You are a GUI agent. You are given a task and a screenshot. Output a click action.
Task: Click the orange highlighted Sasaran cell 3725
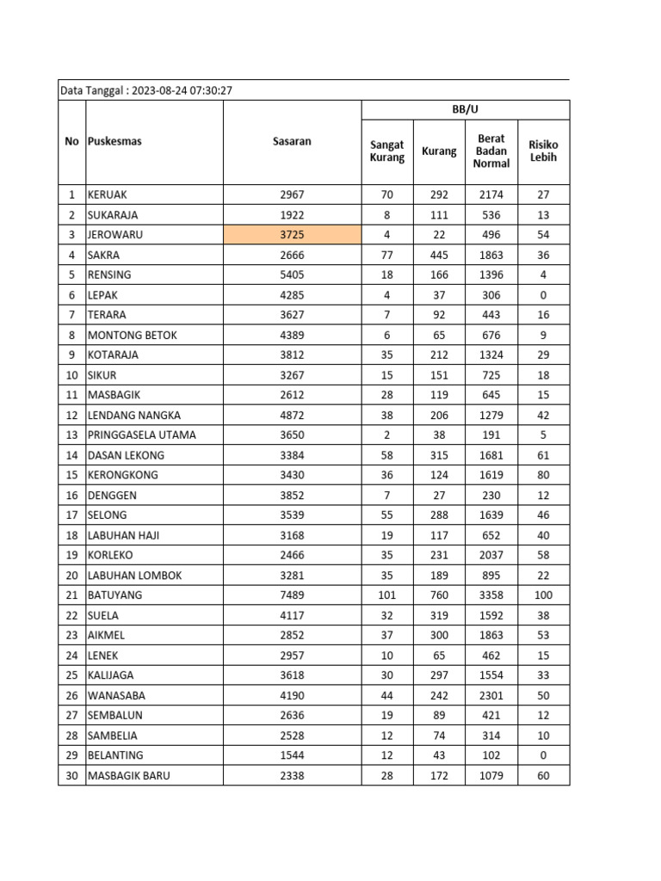tap(292, 235)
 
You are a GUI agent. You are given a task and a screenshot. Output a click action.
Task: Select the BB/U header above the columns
tap(465, 109)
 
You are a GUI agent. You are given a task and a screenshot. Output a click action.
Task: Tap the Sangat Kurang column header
tap(386, 151)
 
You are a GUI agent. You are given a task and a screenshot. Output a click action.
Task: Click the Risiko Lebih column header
tap(543, 151)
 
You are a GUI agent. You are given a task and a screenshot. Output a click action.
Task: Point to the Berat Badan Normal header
tap(491, 151)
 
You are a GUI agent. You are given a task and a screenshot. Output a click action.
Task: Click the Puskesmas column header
tap(114, 141)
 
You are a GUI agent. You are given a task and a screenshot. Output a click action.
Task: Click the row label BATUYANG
tap(114, 595)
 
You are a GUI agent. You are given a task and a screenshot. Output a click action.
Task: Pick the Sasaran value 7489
tap(292, 595)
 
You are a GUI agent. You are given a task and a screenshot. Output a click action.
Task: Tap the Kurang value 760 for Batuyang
tap(439, 595)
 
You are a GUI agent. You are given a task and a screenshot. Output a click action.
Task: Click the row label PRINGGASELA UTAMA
tap(141, 434)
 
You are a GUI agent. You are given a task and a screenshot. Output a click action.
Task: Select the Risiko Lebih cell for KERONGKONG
tap(543, 475)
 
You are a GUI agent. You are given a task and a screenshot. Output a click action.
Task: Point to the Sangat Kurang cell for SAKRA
tap(386, 255)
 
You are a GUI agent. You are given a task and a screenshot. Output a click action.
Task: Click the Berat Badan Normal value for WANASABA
tap(491, 695)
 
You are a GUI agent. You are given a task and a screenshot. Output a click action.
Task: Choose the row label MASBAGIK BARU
tap(128, 776)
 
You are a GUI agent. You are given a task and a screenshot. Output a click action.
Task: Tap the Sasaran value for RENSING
tap(292, 274)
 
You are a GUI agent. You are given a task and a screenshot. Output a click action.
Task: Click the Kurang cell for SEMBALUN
tap(439, 716)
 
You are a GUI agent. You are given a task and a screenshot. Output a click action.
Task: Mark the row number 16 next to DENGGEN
tap(71, 495)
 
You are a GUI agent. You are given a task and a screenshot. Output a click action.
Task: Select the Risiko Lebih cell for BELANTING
tap(543, 755)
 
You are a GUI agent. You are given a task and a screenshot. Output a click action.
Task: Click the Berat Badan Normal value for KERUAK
tap(491, 194)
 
